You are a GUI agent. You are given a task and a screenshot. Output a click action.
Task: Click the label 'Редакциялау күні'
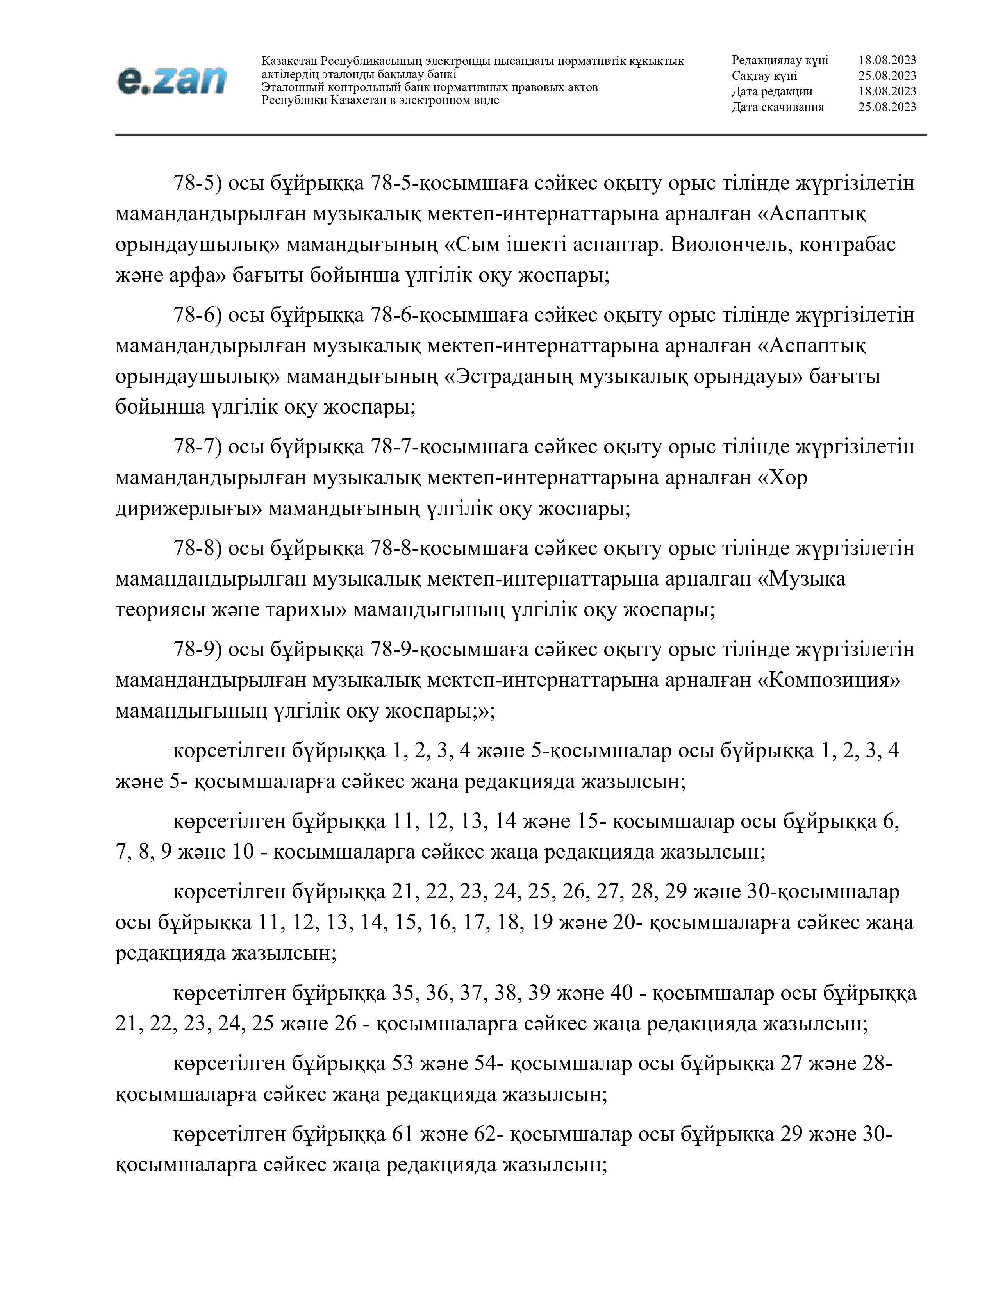point(780,60)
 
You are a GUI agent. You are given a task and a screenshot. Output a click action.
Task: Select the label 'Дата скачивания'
point(778,107)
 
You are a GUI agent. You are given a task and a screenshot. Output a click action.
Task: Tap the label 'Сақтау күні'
point(764,75)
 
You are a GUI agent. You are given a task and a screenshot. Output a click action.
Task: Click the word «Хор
point(782,477)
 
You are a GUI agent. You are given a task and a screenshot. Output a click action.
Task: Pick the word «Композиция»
point(828,680)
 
